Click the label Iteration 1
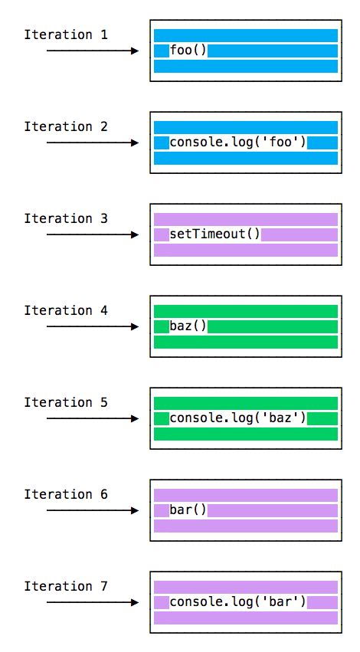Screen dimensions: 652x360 tap(66, 35)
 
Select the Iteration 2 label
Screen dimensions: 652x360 tap(66, 127)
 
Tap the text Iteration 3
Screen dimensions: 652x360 tap(66, 219)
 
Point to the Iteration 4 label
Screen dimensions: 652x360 tap(66, 311)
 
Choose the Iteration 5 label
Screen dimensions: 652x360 tap(66, 403)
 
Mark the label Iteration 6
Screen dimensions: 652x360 tap(66, 495)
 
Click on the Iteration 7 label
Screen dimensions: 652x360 tap(66, 587)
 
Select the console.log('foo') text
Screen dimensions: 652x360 tap(237, 143)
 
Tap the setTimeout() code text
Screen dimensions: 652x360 tap(215, 234)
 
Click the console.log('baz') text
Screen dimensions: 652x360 tap(237, 418)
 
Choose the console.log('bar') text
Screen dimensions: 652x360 tap(237, 602)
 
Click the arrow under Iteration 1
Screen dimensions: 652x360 tap(92, 51)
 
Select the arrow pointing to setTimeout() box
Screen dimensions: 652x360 tap(92, 235)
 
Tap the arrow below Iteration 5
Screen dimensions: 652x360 tap(92, 419)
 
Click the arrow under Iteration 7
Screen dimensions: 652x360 tap(92, 603)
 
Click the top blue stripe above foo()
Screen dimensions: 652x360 tap(245, 35)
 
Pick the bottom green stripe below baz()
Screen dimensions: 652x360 tap(245, 342)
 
